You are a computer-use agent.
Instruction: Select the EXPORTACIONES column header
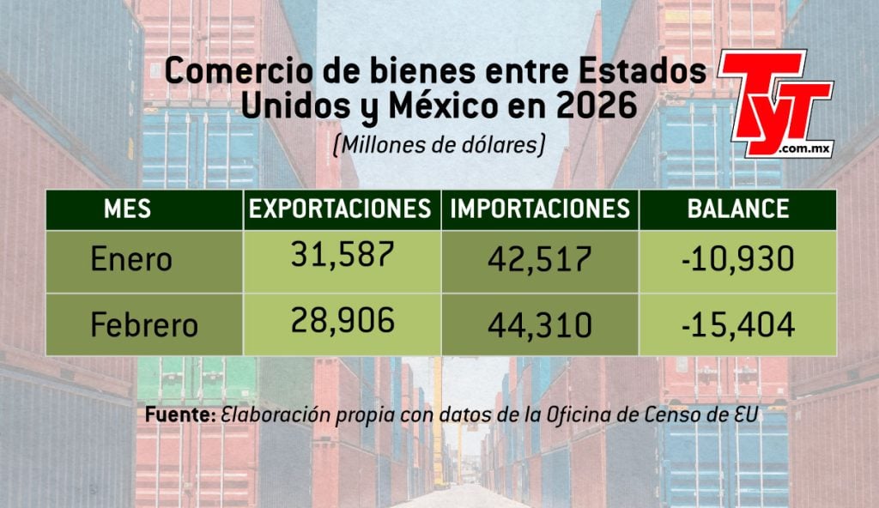(341, 209)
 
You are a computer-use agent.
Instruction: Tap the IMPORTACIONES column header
(540, 209)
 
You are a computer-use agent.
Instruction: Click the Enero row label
(131, 259)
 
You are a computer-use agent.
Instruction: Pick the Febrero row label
(144, 325)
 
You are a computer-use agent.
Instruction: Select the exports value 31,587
(342, 255)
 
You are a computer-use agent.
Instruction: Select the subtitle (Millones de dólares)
(439, 145)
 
